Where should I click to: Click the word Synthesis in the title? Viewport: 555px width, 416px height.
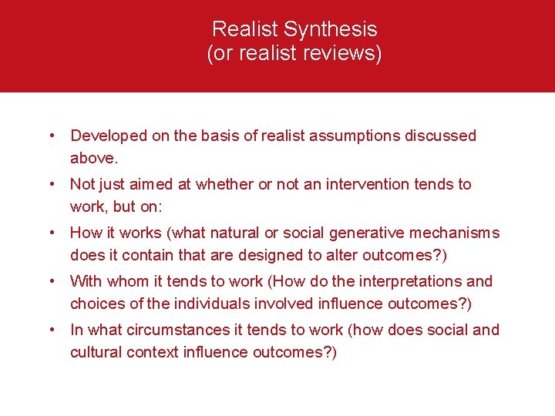331,29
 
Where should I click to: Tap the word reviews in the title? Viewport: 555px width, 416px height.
344,55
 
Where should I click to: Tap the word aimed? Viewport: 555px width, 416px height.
170,184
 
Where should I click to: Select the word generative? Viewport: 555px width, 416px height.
370,233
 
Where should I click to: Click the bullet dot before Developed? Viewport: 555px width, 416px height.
51,136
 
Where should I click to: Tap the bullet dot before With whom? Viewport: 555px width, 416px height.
51,282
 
